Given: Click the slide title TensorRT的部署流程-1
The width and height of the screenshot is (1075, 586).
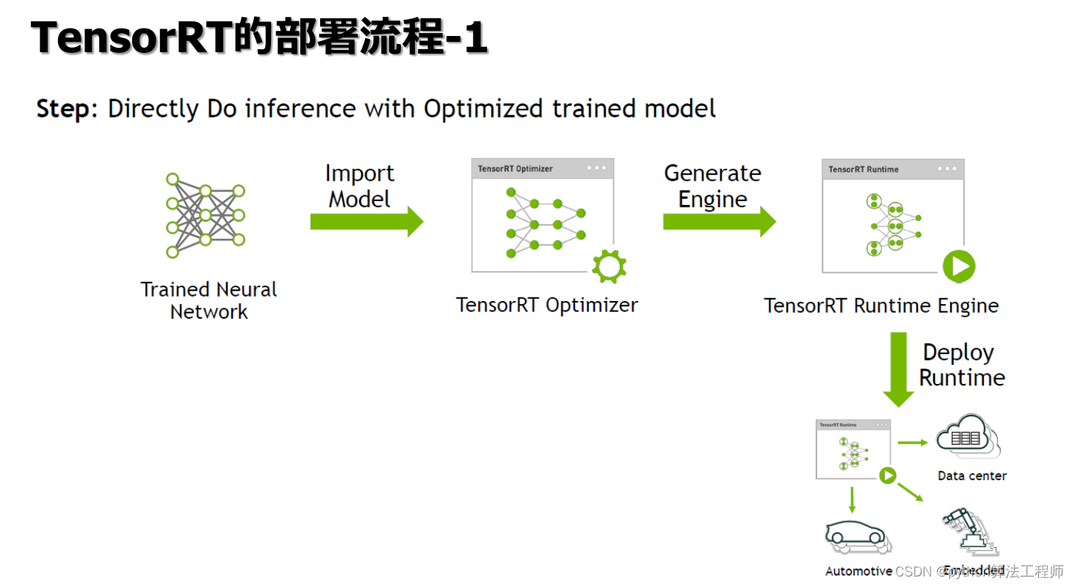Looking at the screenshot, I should click(258, 38).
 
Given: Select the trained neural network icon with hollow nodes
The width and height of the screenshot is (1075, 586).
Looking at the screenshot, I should click(205, 215).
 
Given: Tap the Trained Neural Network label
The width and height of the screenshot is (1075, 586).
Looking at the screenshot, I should click(209, 300).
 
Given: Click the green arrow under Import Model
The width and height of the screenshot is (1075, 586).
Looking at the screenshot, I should click(366, 221).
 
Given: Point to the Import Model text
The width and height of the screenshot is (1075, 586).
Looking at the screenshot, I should click(360, 186).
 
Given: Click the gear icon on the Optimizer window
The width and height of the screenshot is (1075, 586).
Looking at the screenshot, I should click(609, 267).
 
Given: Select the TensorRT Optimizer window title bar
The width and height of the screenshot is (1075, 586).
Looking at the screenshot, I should click(542, 168).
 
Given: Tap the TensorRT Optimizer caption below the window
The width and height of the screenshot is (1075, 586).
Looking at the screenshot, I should click(547, 305).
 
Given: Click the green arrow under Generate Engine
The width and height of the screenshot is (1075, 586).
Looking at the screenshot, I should click(718, 221).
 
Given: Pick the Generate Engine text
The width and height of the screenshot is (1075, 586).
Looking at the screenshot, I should click(712, 186).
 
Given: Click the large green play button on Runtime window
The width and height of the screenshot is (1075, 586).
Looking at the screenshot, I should click(959, 266).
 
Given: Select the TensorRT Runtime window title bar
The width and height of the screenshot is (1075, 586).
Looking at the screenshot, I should click(893, 169).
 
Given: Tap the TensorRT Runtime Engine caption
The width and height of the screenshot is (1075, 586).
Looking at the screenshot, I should click(881, 305).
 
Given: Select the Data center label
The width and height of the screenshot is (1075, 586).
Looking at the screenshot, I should click(971, 476).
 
